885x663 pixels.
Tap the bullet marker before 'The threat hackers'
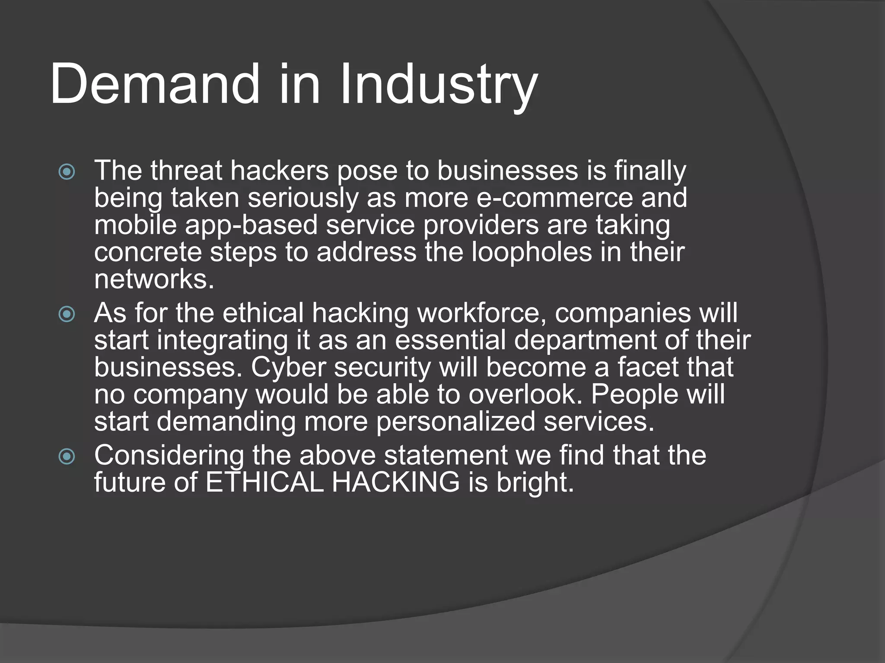click(x=67, y=172)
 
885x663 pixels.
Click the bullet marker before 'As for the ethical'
click(x=67, y=314)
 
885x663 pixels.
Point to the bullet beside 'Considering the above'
click(x=67, y=456)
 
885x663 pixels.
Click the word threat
click(x=186, y=170)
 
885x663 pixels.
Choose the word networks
click(x=154, y=279)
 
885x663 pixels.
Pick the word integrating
click(x=222, y=340)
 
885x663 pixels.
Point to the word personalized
click(x=455, y=422)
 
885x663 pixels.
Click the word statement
click(x=446, y=455)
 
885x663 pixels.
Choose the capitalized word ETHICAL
click(x=264, y=482)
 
